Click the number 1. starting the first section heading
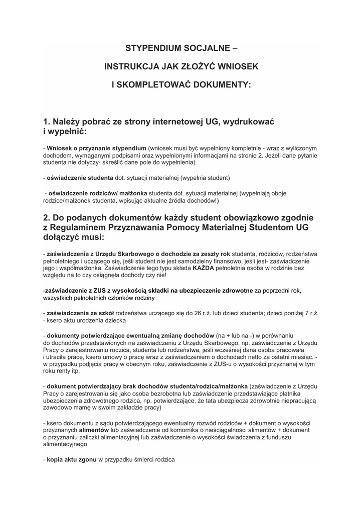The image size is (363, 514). click(48, 122)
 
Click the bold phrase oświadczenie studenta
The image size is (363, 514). click(80, 178)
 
